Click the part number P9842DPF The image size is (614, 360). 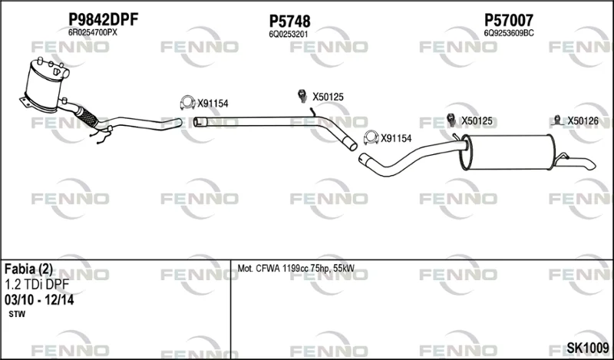104,19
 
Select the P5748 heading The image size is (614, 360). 289,21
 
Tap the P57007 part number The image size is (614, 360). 509,20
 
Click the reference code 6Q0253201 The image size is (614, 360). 289,35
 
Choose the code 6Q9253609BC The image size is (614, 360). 509,33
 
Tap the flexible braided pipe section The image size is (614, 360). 86,117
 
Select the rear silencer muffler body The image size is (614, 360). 508,153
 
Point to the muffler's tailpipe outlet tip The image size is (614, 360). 591,165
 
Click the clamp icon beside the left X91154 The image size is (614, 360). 187,103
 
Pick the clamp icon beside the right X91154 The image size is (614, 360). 371,137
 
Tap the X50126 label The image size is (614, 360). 583,121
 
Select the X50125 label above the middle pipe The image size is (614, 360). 328,97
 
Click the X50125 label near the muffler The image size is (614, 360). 477,121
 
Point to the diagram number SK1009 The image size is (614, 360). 588,348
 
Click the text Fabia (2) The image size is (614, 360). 28,269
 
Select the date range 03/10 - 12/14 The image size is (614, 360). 39,300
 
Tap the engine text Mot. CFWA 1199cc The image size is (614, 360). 273,269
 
